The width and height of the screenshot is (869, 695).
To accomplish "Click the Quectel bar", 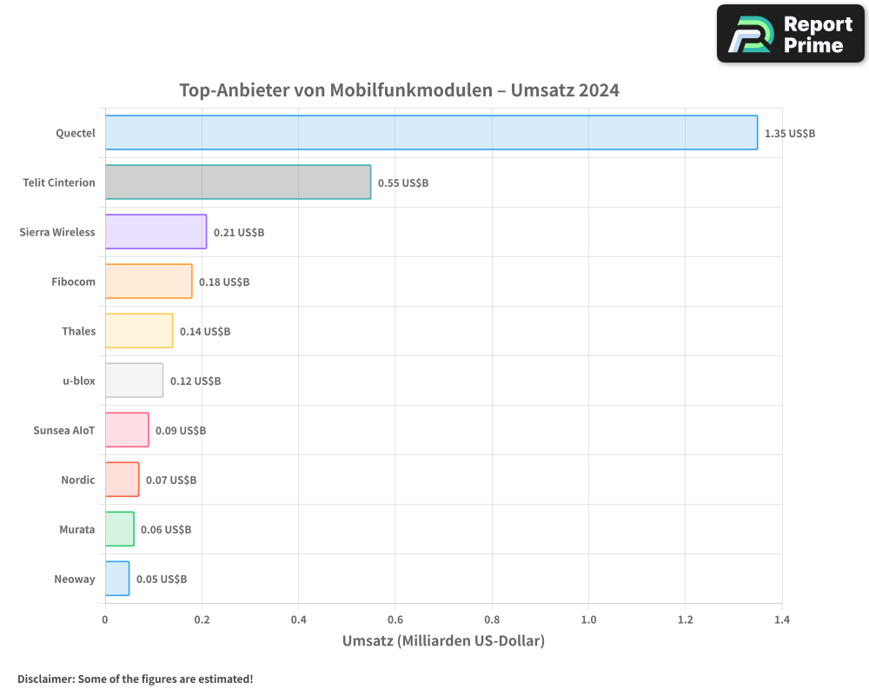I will tap(431, 133).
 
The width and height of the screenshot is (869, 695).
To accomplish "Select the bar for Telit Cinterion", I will tap(238, 182).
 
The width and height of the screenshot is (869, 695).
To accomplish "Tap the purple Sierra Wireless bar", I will tap(156, 232).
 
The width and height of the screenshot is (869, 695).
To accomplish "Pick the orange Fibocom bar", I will tap(149, 281).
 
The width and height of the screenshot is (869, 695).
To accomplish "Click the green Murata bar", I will tap(120, 529).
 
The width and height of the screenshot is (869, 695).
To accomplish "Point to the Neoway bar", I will tap(117, 579).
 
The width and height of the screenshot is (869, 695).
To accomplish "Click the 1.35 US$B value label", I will tap(790, 134).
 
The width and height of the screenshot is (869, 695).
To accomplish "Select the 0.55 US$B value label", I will tap(403, 183).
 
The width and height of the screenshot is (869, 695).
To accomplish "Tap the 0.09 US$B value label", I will tap(181, 431).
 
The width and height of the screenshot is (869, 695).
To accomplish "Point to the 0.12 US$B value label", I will tap(196, 381).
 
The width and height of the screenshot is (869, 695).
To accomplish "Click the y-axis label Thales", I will tap(78, 331).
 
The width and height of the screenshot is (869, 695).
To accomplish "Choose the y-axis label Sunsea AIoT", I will tap(64, 430).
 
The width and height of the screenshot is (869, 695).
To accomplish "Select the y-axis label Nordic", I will tap(78, 480).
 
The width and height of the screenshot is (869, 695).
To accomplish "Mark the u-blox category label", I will tap(79, 381).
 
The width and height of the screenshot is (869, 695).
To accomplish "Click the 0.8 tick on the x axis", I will tap(492, 619).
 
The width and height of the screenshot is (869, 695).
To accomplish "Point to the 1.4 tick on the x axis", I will tap(781, 619).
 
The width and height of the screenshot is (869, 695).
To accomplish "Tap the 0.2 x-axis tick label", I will tap(202, 619).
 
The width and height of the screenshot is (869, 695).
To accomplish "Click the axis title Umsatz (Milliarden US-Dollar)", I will tap(443, 641).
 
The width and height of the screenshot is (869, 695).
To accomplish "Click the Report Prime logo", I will tap(791, 34).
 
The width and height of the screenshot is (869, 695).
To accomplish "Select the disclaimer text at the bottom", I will tap(135, 678).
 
